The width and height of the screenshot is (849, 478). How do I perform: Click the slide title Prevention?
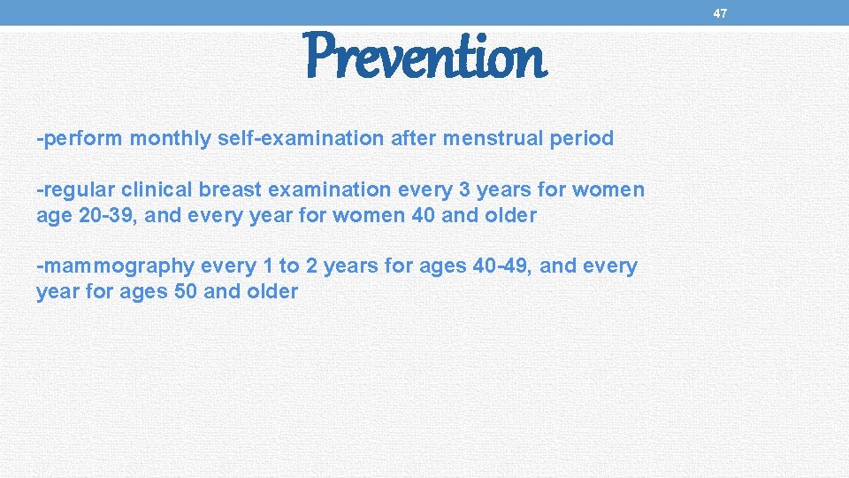426,57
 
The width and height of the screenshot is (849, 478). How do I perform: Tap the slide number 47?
720,13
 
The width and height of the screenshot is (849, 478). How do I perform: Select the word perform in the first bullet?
82,138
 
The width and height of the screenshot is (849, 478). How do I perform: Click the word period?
580,138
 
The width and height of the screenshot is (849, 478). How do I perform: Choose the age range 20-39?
103,215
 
